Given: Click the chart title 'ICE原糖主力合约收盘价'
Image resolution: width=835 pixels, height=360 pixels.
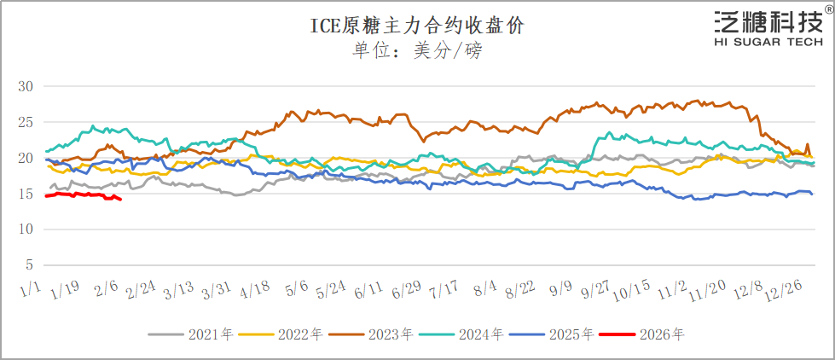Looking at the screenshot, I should [x=416, y=26].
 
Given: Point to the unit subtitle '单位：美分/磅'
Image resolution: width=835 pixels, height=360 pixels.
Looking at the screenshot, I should [x=417, y=50].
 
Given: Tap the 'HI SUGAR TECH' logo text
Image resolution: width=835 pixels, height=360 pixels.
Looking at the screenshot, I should [x=768, y=40].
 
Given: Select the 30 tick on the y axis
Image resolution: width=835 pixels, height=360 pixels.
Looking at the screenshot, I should [x=25, y=86].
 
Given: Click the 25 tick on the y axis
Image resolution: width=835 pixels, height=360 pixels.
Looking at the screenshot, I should [x=25, y=122].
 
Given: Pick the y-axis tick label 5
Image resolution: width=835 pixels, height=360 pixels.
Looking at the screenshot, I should [x=28, y=264].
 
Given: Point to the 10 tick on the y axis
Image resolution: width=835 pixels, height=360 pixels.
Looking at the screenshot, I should [x=25, y=229].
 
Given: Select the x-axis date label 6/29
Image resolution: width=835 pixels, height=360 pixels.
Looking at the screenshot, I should [x=406, y=292].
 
